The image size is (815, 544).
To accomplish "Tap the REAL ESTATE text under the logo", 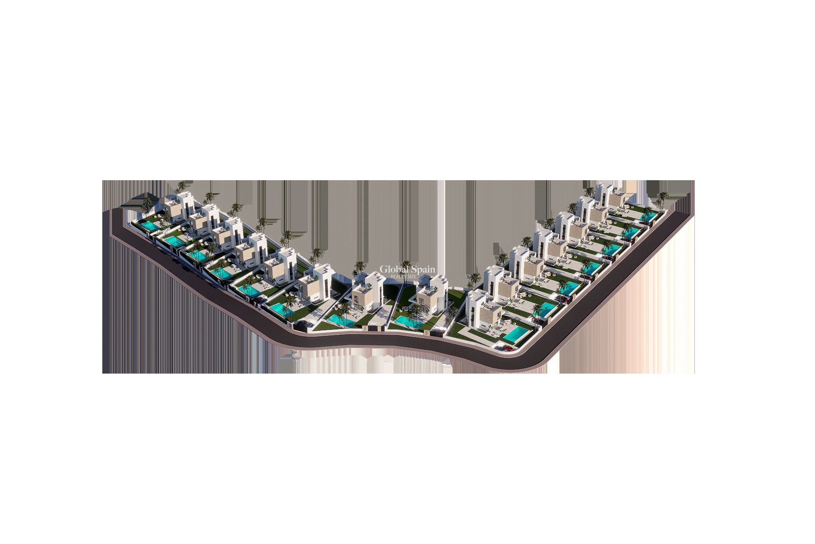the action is click(x=403, y=277).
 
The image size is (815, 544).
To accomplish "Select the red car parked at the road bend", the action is click(x=506, y=348).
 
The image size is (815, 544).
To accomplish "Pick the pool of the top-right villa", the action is click(x=648, y=217).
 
